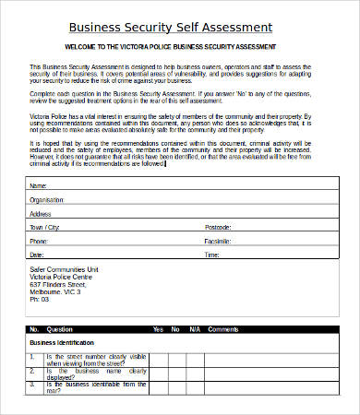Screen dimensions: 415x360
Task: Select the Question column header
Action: click(59, 329)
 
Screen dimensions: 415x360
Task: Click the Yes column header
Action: click(158, 329)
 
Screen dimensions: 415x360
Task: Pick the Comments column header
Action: click(223, 329)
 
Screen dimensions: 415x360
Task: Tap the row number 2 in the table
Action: click(32, 371)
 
